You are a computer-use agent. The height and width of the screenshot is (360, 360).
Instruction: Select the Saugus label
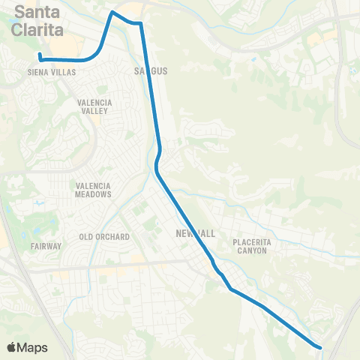click(x=150, y=71)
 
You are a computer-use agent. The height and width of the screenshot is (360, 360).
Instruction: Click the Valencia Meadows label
click(x=93, y=190)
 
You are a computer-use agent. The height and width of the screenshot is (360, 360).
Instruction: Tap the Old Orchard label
click(x=104, y=237)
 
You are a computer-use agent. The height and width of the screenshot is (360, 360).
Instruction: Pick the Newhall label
click(x=194, y=234)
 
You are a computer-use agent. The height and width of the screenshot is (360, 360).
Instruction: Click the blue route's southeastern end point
click(x=320, y=347)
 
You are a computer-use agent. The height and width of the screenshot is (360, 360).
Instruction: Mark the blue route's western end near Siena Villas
click(x=40, y=57)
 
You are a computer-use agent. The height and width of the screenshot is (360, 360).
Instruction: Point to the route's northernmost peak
click(x=113, y=12)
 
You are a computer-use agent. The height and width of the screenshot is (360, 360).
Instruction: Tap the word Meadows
click(x=93, y=194)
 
